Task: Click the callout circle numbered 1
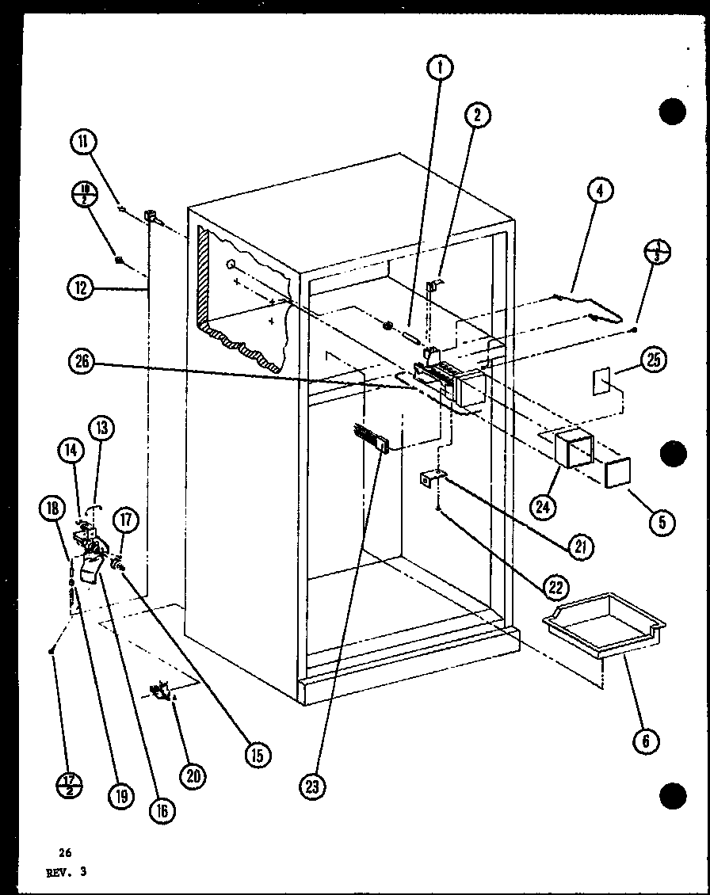pyautogui.click(x=439, y=69)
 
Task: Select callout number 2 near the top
pyautogui.click(x=477, y=116)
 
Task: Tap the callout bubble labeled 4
pyautogui.click(x=600, y=191)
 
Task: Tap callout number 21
pyautogui.click(x=582, y=546)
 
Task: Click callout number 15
pyautogui.click(x=258, y=755)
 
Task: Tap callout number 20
pyautogui.click(x=192, y=776)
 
